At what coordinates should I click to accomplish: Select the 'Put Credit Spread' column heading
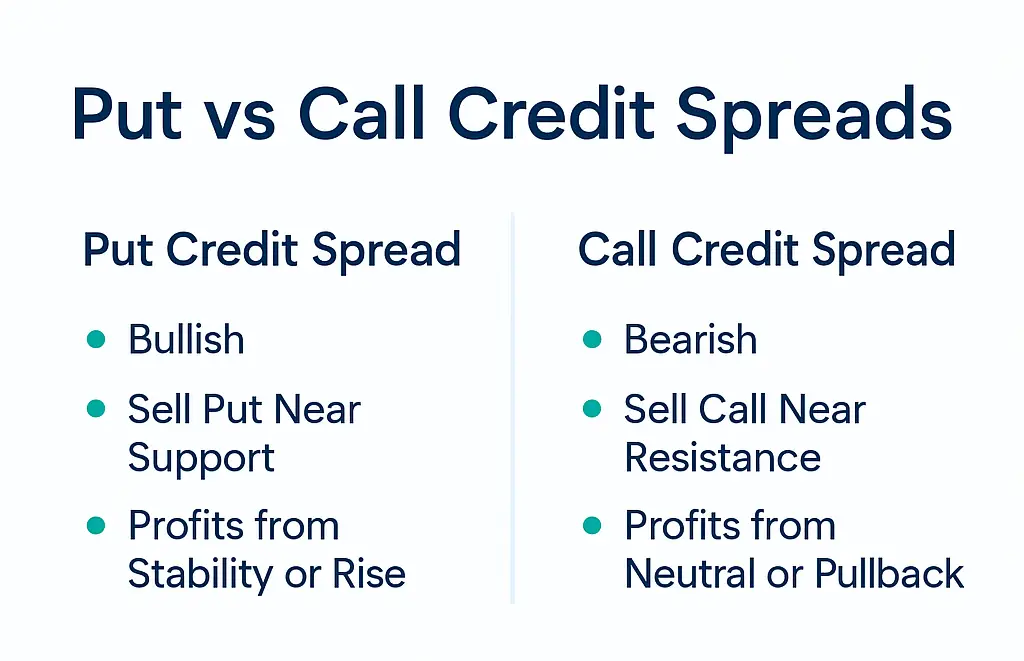tap(271, 250)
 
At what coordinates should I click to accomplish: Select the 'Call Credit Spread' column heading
tap(767, 250)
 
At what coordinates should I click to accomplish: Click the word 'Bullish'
tap(186, 340)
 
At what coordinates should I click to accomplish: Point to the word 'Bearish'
tap(690, 340)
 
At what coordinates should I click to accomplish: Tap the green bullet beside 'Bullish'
tap(96, 340)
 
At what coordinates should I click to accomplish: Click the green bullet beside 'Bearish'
tap(592, 340)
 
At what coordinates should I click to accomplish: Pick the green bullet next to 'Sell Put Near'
tap(96, 408)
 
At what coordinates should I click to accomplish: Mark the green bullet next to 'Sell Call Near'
tap(592, 408)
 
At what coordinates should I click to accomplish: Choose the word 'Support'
tap(201, 459)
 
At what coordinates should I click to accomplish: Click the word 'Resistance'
tap(722, 458)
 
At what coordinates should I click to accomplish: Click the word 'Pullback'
tap(889, 574)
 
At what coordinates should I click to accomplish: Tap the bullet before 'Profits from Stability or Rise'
tap(96, 525)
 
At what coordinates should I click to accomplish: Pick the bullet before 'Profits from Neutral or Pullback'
tap(592, 525)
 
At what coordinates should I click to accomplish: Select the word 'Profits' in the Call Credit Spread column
tap(682, 525)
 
